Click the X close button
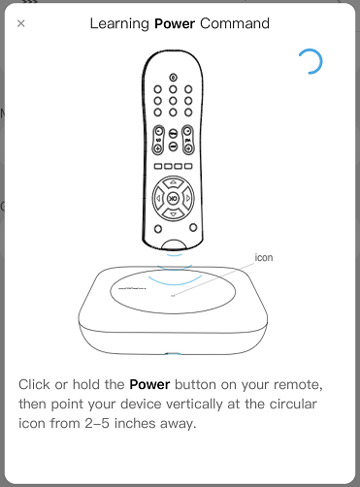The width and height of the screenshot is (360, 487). tap(21, 23)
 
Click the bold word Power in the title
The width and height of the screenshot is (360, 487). tap(175, 23)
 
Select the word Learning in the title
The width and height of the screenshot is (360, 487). tap(119, 24)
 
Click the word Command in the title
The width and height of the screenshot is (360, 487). tap(235, 23)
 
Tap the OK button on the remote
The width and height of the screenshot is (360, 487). tap(173, 198)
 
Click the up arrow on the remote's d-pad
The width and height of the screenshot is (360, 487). tap(173, 182)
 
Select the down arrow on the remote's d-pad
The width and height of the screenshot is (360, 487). tap(173, 214)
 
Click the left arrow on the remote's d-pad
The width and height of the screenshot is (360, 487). tap(158, 198)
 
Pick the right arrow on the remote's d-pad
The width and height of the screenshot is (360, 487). tap(188, 198)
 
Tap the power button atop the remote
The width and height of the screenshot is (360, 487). tap(173, 78)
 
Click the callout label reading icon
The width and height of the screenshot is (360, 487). tap(264, 258)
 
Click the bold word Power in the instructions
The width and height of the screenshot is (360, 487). tap(149, 384)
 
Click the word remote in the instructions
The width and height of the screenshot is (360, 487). tap(298, 385)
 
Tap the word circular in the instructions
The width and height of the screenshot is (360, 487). tap(293, 404)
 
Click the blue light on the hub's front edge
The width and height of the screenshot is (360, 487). tap(173, 354)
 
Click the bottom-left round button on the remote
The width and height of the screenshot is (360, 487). tap(158, 229)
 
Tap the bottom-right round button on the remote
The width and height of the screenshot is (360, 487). tap(193, 227)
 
